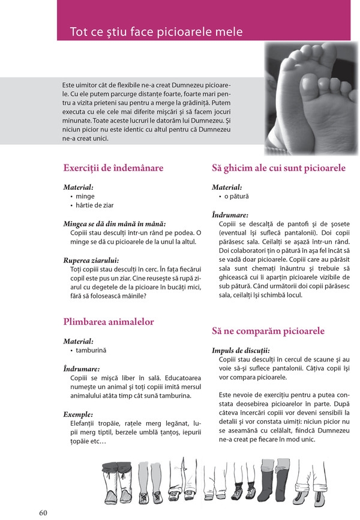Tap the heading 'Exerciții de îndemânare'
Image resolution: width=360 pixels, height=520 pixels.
tap(113, 168)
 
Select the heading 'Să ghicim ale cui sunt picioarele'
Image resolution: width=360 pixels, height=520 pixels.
tap(278, 168)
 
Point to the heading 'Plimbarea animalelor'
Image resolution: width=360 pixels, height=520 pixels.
tap(108, 322)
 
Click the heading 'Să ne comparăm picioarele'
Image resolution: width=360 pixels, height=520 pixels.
tap(268, 331)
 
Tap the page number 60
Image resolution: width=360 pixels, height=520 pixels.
tap(43, 512)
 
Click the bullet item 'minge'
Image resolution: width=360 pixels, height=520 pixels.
tap(85, 196)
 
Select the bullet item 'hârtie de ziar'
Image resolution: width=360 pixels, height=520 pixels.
tap(94, 205)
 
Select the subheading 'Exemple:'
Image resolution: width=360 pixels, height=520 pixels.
tap(78, 414)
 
